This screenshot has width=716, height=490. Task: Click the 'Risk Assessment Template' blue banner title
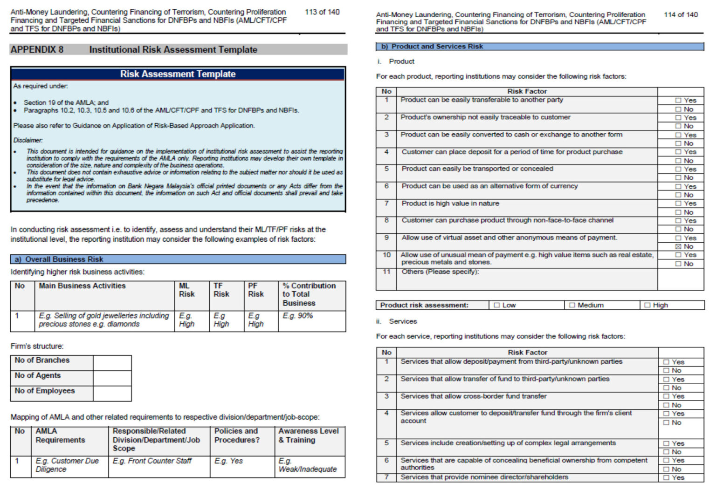tap(178, 74)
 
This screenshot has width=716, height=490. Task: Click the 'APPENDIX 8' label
tap(37, 50)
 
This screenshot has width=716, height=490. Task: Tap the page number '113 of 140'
tap(322, 12)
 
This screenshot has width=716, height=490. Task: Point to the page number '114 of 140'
tap(681, 15)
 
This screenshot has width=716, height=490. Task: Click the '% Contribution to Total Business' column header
tap(309, 294)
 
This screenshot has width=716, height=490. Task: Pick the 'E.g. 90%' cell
tap(297, 316)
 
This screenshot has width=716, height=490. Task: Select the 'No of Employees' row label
tap(45, 391)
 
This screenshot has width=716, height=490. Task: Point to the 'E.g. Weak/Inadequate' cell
tap(307, 465)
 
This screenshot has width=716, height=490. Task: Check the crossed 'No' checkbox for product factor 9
tap(678, 246)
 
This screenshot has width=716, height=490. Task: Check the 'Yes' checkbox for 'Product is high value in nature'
tap(678, 204)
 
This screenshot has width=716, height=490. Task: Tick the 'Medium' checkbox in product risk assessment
tap(572, 306)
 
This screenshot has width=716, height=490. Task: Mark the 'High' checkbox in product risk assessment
tap(647, 306)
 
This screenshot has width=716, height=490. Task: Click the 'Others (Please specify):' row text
tap(440, 272)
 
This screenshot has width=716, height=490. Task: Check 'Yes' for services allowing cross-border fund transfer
tap(666, 396)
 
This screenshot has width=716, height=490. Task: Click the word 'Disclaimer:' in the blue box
tap(28, 140)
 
